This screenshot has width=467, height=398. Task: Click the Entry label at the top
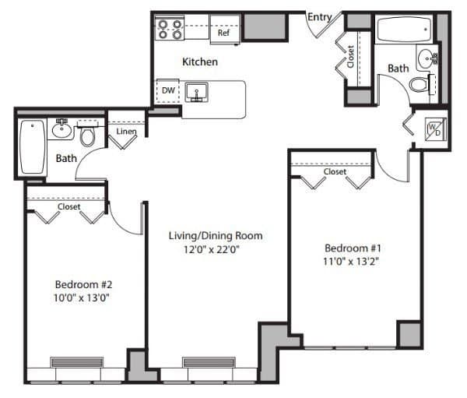[x=320, y=16]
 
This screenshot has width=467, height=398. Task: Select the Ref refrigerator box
[x=223, y=33]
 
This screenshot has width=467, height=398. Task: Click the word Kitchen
[x=200, y=62]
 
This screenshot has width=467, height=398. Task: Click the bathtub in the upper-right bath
[x=405, y=30]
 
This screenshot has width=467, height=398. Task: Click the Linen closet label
[x=126, y=132]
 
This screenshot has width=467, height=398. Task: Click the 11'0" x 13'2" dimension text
[x=351, y=262]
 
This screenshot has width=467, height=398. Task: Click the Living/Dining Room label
[x=216, y=235]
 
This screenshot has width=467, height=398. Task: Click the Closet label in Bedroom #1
[x=335, y=171]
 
